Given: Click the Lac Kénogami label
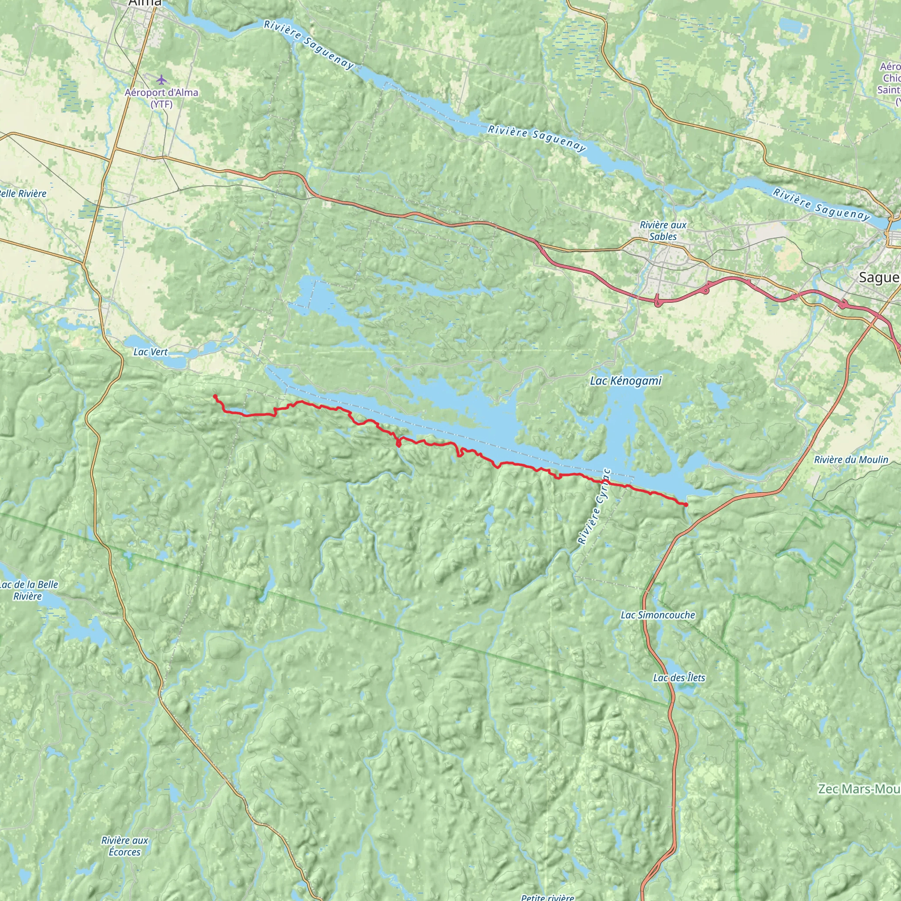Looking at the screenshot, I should point(626,381).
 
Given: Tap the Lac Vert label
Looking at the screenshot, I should point(150,352).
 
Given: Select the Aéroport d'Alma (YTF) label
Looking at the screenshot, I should point(161,98).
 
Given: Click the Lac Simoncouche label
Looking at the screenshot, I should point(658,615).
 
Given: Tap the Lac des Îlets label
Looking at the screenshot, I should point(679,677).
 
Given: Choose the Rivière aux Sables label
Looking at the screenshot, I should point(663,231).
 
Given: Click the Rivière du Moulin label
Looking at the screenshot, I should point(851,459).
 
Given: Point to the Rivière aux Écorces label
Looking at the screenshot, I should point(125,846).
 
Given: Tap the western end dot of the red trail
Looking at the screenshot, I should point(215,396).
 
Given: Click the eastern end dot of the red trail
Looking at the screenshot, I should point(686,505).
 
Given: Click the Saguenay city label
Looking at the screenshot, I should point(879,278).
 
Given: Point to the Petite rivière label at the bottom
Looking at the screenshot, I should point(547,897).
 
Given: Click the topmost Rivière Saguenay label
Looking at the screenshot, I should point(309,45).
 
